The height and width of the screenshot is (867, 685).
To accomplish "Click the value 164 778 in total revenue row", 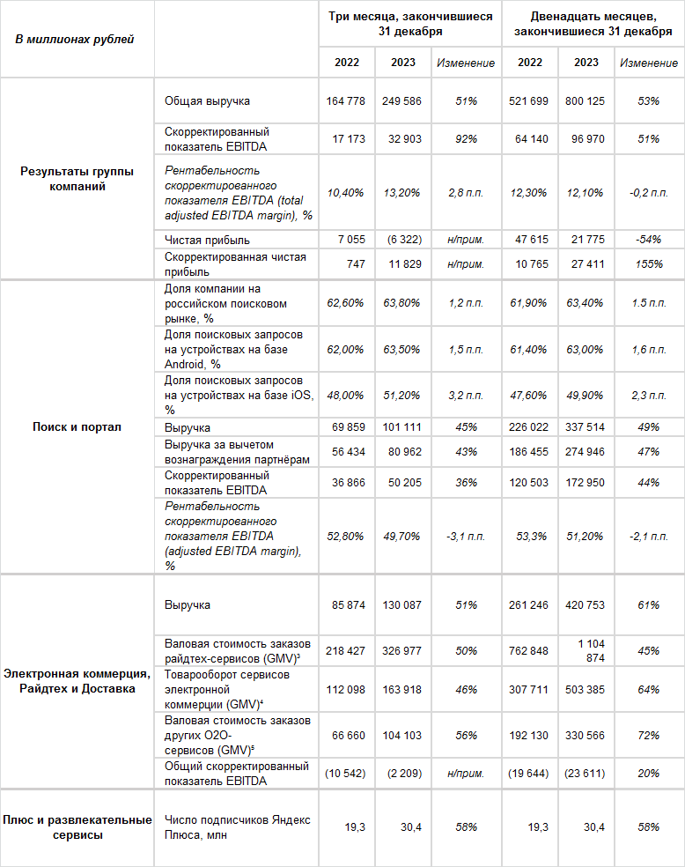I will click(x=344, y=101).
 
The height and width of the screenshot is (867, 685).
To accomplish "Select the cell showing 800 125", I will click(x=586, y=101).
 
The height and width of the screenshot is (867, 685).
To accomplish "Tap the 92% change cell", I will click(x=466, y=139).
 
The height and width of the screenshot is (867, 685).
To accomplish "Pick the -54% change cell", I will click(x=648, y=240).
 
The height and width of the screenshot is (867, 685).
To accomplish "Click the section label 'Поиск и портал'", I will click(x=77, y=427).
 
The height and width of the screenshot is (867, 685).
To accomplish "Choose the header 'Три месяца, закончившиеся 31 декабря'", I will click(x=410, y=24).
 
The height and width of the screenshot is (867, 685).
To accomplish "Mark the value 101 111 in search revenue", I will click(x=401, y=427).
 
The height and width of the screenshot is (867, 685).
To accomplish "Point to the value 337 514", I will click(x=586, y=427).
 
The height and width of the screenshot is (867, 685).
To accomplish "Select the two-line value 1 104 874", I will click(x=587, y=651).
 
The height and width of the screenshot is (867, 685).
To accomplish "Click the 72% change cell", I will click(x=648, y=735).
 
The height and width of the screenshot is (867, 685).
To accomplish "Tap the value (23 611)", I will click(x=586, y=774).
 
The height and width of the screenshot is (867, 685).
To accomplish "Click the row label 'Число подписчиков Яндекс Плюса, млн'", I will click(x=237, y=827).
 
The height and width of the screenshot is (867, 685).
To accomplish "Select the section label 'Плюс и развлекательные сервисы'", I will click(x=77, y=827).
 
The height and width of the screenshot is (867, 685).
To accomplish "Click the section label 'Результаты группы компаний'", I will click(x=77, y=179).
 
